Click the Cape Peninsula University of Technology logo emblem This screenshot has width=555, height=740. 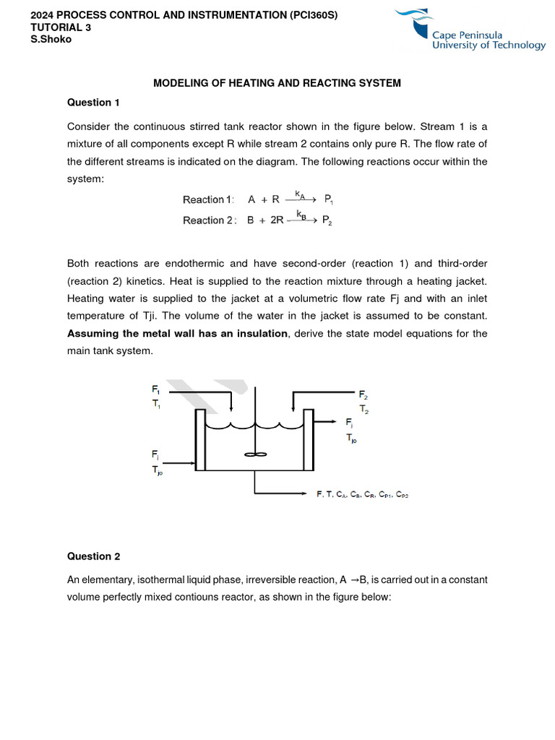click(x=418, y=26)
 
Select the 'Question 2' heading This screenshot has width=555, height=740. click(x=93, y=556)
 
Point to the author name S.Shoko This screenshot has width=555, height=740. click(x=51, y=39)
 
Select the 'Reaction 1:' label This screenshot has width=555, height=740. click(x=209, y=200)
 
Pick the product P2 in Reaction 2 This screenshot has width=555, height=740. click(x=327, y=221)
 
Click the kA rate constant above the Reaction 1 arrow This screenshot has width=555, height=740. click(x=299, y=194)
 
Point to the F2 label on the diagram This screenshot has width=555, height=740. click(x=363, y=395)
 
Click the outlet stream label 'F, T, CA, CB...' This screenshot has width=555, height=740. click(x=362, y=494)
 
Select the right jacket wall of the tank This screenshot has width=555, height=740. click(x=308, y=439)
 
